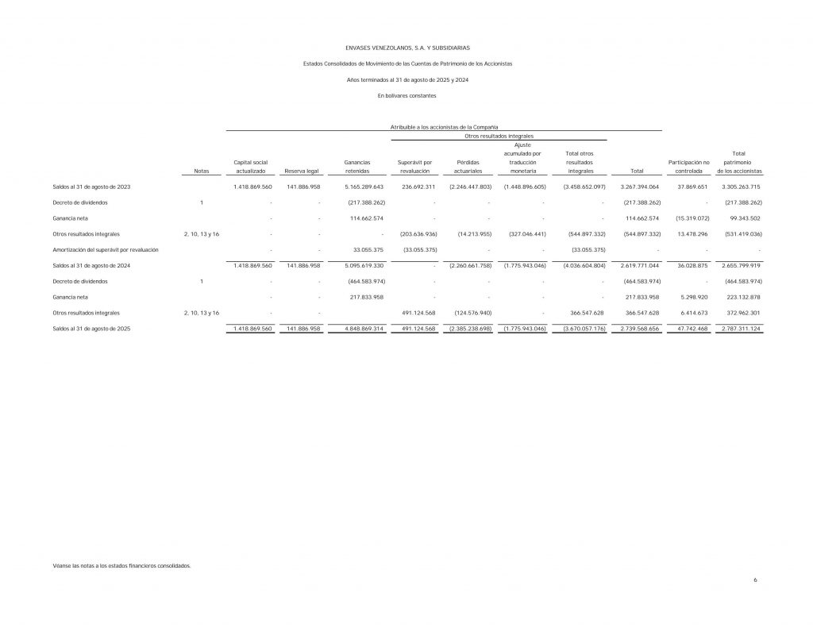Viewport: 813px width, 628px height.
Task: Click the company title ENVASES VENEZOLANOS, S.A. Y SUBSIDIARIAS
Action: [x=407, y=48]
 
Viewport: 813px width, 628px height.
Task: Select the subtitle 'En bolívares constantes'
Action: [x=407, y=96]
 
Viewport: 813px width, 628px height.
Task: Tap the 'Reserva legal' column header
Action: [x=301, y=171]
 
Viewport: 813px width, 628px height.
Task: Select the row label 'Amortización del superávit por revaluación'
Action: [x=105, y=249]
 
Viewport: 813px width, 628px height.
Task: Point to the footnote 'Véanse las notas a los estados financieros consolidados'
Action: [x=121, y=566]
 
